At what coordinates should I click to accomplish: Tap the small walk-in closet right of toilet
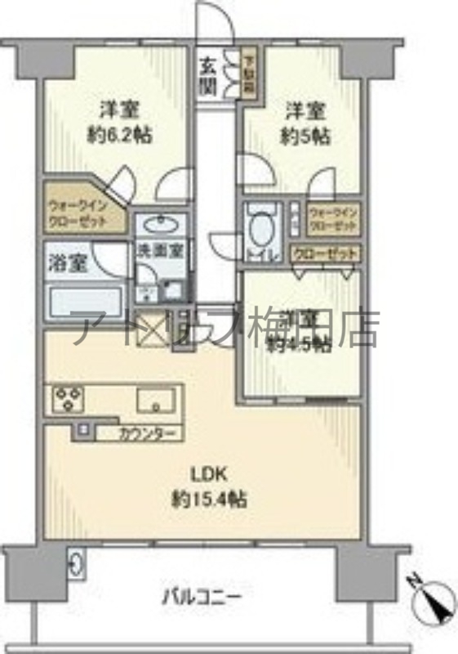pyautogui.click(x=333, y=218)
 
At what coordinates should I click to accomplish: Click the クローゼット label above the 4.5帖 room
pyautogui.click(x=325, y=253)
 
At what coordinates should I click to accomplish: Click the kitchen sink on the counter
pyautogui.click(x=156, y=401)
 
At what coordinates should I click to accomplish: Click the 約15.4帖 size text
pyautogui.click(x=210, y=498)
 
